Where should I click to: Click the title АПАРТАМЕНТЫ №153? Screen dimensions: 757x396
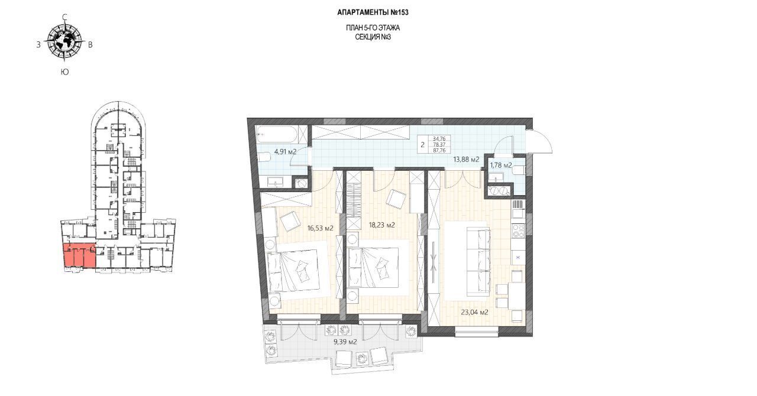[373, 12]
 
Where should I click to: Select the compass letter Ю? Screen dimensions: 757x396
[64, 72]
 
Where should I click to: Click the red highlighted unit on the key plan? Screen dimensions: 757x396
[79, 255]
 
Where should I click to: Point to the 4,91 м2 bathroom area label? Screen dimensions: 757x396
[285, 152]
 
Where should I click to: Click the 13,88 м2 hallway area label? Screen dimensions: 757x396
[466, 160]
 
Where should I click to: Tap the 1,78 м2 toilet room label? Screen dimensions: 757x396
[501, 165]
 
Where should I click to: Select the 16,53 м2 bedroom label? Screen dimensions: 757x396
[321, 228]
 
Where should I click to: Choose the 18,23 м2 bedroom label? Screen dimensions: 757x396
[382, 225]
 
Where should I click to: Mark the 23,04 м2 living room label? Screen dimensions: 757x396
[474, 312]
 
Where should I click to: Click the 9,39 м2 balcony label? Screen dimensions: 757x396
[345, 342]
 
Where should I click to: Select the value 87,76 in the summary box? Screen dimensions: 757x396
[439, 151]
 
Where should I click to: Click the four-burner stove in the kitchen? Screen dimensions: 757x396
[518, 231]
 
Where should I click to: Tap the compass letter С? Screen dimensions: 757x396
[64, 17]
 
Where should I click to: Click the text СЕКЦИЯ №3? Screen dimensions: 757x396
[373, 37]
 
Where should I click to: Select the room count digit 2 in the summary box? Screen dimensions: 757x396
[422, 145]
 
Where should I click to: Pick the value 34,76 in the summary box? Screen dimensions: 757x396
[439, 138]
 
